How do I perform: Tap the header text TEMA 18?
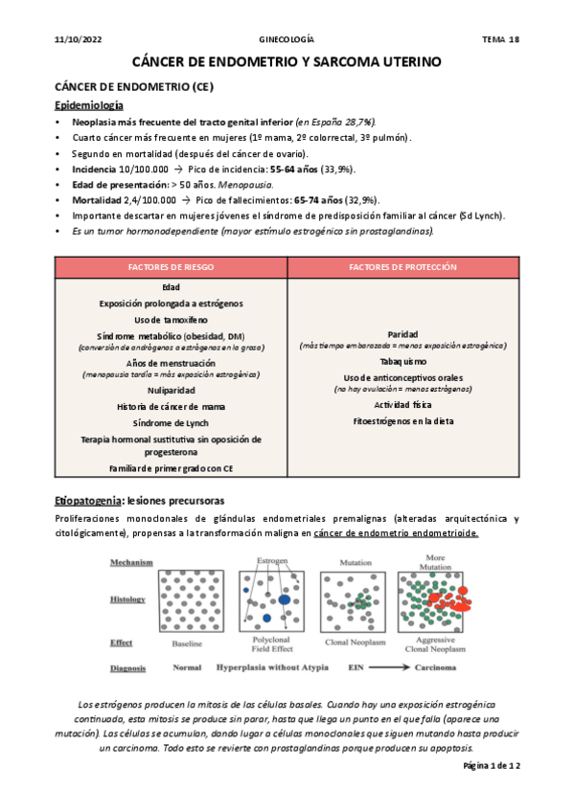(x=499, y=39)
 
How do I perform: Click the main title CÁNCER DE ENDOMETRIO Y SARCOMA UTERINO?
(x=287, y=61)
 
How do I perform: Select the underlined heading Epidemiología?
(x=89, y=104)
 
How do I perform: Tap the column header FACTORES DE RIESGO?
(x=171, y=267)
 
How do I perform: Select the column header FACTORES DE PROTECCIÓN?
(x=402, y=267)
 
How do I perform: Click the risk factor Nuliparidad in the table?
(x=171, y=391)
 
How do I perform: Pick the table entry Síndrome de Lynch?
(x=171, y=422)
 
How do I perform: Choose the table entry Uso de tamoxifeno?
(x=171, y=319)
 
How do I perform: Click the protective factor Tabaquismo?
(x=402, y=362)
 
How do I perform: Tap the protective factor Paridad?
(x=402, y=333)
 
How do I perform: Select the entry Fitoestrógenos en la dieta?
(x=402, y=421)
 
